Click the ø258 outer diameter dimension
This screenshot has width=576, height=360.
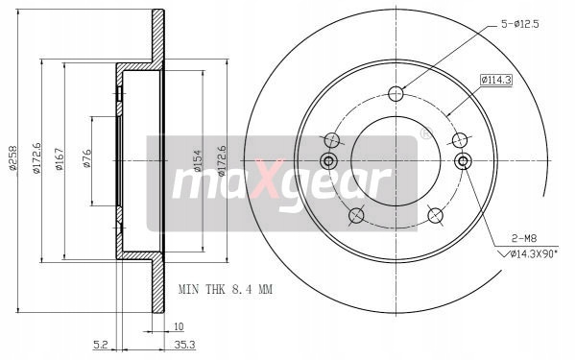13,158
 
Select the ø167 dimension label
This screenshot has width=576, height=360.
60,158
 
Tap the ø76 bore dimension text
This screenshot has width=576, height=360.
86,158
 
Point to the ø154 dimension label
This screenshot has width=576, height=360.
197,160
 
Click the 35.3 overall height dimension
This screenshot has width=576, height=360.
184,345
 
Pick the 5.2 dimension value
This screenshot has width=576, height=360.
100,345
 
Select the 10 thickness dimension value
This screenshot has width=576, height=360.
179,326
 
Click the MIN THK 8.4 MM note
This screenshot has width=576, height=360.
226,290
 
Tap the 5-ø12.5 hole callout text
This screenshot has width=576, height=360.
520,24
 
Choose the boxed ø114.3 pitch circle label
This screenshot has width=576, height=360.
496,80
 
